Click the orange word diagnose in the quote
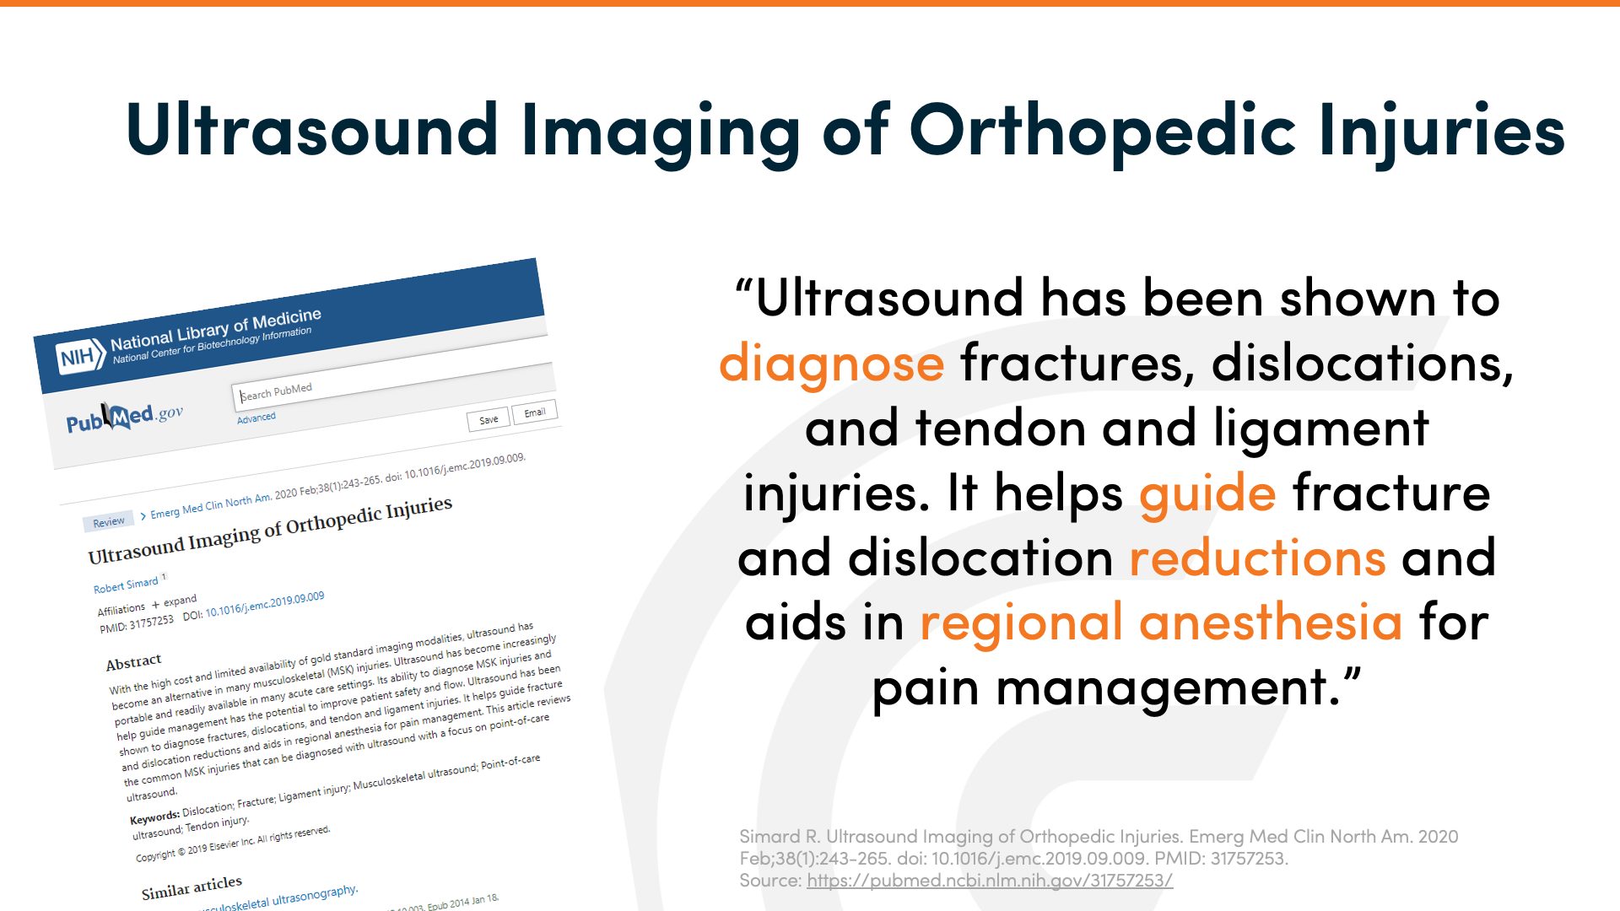pyautogui.click(x=831, y=364)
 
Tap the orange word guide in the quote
pyautogui.click(x=1207, y=493)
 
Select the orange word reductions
pyautogui.click(x=1257, y=558)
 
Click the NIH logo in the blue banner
pyautogui.click(x=78, y=357)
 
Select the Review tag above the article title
pyautogui.click(x=109, y=522)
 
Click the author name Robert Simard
pyautogui.click(x=126, y=585)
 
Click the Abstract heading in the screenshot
pyautogui.click(x=133, y=662)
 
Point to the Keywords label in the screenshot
pyautogui.click(x=154, y=817)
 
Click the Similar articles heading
pyautogui.click(x=192, y=887)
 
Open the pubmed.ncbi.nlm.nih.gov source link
pyautogui.click(x=989, y=881)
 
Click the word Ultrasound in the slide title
pyautogui.click(x=311, y=131)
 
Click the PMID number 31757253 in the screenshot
pyautogui.click(x=151, y=623)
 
